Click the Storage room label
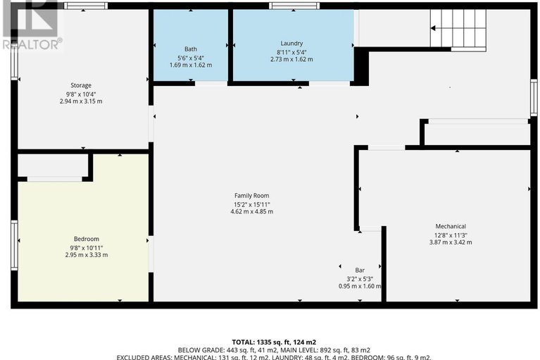coord(81,85)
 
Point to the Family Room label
coord(252,195)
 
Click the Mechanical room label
coord(451,226)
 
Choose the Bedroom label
coord(87,239)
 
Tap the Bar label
coord(360,270)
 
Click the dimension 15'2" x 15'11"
coord(252,204)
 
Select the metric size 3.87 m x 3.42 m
coord(451,242)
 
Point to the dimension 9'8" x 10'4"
coord(81,94)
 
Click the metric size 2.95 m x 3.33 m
coord(87,255)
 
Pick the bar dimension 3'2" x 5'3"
coord(360,278)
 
